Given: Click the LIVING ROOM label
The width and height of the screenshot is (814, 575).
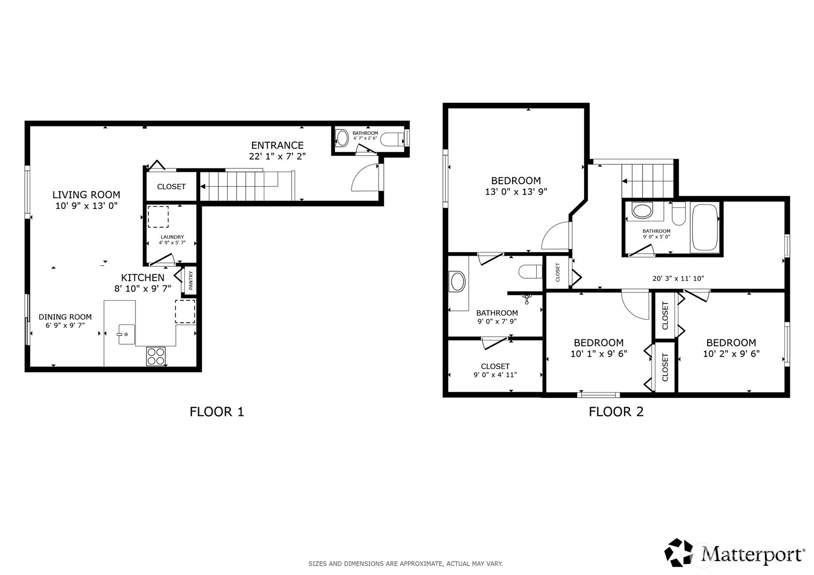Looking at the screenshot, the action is [86, 195].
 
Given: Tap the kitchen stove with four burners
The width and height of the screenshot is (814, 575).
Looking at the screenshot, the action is [156, 356].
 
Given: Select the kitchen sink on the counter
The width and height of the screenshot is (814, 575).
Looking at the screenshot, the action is [126, 334].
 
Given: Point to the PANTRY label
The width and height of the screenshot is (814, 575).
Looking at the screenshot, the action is [191, 280].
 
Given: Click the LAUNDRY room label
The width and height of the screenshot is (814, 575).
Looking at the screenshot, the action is [172, 237].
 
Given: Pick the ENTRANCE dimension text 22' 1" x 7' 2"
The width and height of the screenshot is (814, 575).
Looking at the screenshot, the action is [277, 156].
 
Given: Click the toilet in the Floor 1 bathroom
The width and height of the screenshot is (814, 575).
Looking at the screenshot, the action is [393, 139].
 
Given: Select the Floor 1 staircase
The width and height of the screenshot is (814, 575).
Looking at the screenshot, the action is [247, 186].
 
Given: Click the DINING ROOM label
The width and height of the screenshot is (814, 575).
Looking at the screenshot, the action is [65, 317].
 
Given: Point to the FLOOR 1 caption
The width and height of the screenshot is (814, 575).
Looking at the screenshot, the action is [216, 411].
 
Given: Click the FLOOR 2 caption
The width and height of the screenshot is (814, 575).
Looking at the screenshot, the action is [616, 411].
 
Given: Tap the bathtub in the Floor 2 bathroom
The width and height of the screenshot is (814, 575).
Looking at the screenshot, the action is [705, 227].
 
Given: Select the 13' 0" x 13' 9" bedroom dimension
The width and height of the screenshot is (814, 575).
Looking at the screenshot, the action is [516, 192].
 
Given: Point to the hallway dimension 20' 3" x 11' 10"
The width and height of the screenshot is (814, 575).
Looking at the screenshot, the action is [678, 279].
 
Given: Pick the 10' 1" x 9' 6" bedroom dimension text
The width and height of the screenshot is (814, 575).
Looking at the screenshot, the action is [599, 353].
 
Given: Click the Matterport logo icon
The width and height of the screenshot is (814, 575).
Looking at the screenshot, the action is [679, 552].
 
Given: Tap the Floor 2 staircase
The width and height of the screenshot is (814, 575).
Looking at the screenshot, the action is [647, 180].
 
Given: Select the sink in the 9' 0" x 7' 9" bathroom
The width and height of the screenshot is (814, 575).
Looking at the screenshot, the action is [458, 282].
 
